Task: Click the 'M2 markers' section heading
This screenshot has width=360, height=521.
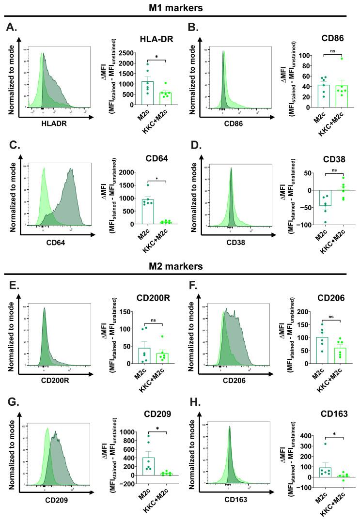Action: [x=180, y=266]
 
